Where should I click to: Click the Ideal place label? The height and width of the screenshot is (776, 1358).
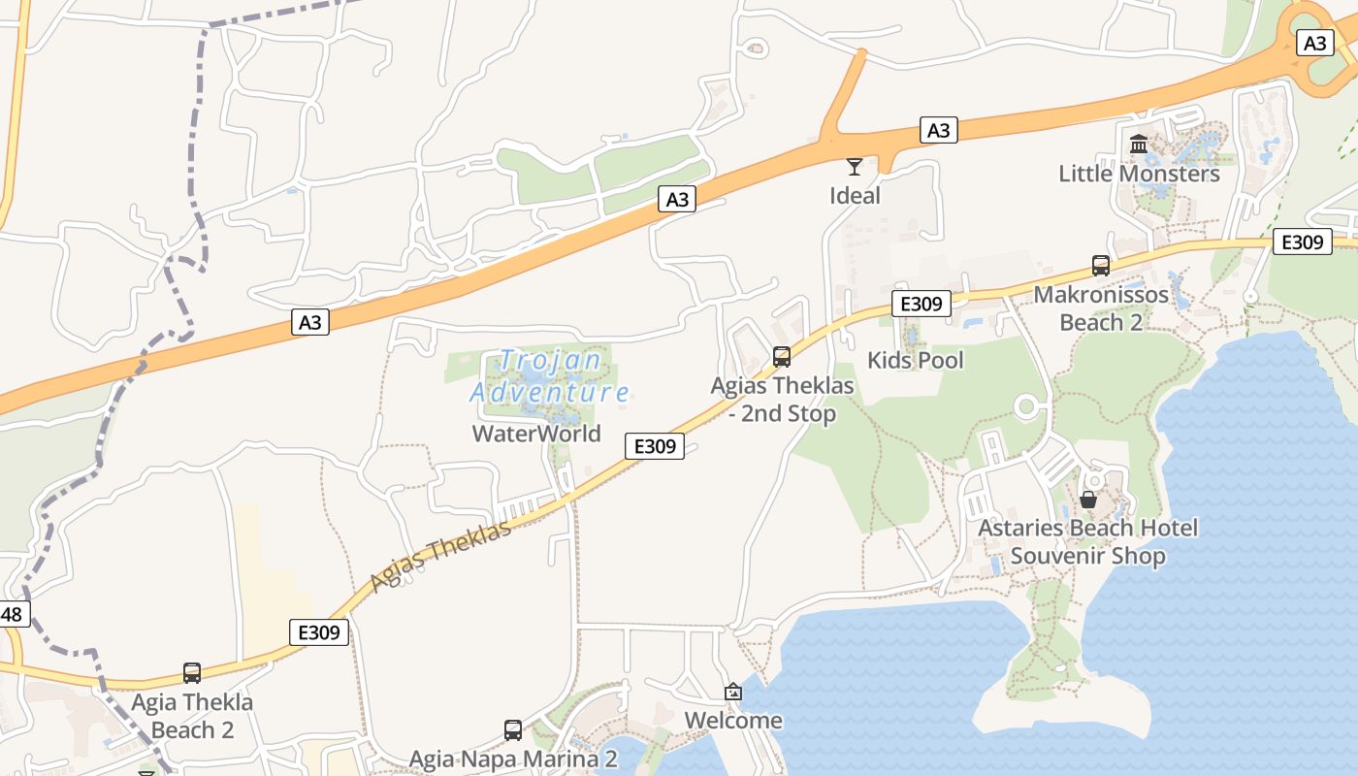pos(855,196)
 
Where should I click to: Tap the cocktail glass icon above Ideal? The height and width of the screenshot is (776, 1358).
pos(855,167)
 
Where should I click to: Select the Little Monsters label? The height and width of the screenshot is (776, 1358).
pos(1139,174)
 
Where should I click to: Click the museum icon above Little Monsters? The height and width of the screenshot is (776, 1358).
pos(1139,145)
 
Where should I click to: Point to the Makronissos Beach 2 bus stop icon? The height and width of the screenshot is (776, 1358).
pos(1101,265)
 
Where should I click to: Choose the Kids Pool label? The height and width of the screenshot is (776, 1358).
pos(915,361)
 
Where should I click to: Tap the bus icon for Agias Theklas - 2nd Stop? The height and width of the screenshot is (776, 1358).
pos(782,357)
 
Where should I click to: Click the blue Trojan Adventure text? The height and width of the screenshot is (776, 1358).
pos(549,376)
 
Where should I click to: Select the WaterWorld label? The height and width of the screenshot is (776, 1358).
pos(536,434)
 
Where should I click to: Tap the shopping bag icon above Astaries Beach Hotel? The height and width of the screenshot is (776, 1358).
pos(1088,500)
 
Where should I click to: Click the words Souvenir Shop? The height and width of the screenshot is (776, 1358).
pos(1087,557)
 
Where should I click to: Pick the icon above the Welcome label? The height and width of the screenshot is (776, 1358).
pos(733,692)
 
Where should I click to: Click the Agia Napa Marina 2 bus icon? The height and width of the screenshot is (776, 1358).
pos(513,729)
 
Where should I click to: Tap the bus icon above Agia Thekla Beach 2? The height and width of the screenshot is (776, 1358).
pos(192,672)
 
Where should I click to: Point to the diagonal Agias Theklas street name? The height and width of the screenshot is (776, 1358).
pos(440,557)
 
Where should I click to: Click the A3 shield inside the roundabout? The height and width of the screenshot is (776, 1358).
pos(1314,44)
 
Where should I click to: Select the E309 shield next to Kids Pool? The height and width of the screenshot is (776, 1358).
pos(921,304)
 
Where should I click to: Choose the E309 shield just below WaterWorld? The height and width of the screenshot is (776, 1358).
pos(655,446)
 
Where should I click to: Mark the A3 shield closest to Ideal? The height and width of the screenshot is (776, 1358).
pos(938,130)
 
